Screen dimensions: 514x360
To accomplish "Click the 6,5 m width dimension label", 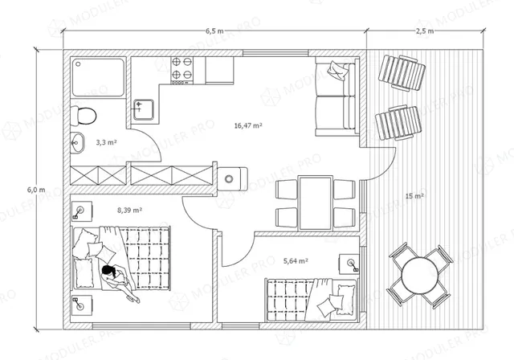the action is point(214,31).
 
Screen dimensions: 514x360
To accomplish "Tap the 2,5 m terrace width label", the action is point(425,31).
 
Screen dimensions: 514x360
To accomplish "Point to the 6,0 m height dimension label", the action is point(36,190).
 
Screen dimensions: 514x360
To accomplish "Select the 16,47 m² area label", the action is point(248,125).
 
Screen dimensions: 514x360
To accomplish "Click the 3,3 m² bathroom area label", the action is point(107,142).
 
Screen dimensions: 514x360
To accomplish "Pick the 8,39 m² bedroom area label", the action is point(129,210).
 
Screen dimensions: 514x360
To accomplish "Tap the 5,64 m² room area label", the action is point(296,261).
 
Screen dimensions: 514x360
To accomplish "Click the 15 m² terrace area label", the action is point(414,196).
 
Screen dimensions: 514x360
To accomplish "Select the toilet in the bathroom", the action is point(84,116).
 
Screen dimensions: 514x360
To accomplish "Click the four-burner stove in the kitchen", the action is point(182,71).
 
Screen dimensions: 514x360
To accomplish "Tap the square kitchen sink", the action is point(144,109).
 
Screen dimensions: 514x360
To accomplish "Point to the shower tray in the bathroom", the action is point(98,77).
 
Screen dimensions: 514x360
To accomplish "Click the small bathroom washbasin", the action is point(77,142).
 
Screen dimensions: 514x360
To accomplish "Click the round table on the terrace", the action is point(419,275).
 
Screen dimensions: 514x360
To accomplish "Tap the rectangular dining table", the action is point(316,203).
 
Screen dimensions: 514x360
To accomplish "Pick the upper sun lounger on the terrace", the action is point(402,73).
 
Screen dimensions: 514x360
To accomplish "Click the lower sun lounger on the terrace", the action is point(398,123).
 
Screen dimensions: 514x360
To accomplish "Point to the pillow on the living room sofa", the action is point(337,71).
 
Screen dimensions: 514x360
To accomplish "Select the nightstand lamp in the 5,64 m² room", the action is point(352,264).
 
